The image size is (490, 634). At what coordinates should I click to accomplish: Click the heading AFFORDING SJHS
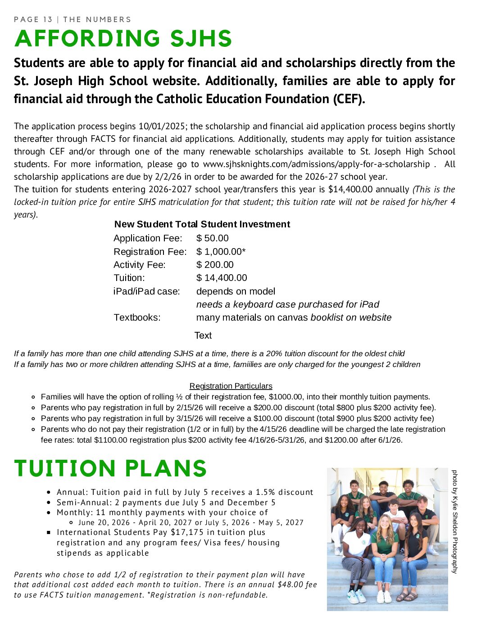(123, 39)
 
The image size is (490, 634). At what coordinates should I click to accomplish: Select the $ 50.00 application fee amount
(212, 238)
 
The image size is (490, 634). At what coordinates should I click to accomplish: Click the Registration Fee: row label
(150, 252)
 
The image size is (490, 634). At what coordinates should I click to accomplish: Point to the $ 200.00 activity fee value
(215, 265)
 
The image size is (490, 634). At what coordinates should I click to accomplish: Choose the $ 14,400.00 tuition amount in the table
(222, 278)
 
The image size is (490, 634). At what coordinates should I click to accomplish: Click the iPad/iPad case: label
(146, 291)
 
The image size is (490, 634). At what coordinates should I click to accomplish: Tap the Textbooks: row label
(137, 317)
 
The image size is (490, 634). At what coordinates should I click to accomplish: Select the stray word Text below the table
(203, 335)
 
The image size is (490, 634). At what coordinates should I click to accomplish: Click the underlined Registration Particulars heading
(231, 386)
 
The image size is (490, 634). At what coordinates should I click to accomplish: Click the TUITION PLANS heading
(110, 469)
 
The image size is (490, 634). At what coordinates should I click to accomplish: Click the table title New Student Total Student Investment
(202, 224)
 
